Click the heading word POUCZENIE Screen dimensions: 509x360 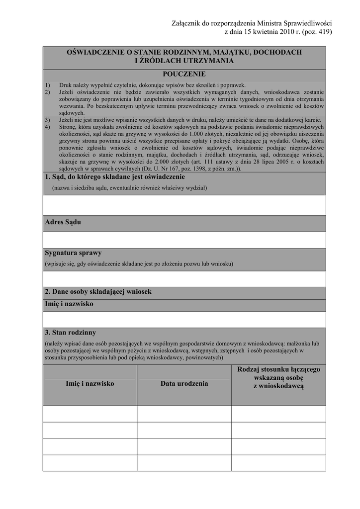pyautogui.click(x=184, y=74)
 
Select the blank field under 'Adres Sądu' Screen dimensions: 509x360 pyautogui.click(x=184, y=240)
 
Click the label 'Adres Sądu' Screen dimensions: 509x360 pyautogui.click(x=63, y=222)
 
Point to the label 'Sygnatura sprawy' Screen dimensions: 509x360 pyautogui.click(x=73, y=253)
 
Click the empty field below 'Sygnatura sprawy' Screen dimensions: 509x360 pyautogui.click(x=184, y=279)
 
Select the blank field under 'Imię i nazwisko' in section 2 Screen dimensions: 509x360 pyautogui.click(x=184, y=320)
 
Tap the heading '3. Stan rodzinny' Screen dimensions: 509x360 pyautogui.click(x=70, y=333)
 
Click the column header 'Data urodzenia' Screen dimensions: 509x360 pyautogui.click(x=184, y=384)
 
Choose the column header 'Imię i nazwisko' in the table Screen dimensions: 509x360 pyautogui.click(x=90, y=384)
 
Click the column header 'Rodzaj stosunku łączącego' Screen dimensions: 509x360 pyautogui.click(x=278, y=370)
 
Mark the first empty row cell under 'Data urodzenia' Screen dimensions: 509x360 pyautogui.click(x=184, y=414)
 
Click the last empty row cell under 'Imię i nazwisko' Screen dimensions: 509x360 pyautogui.click(x=90, y=463)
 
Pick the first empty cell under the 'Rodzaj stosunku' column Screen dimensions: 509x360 pyautogui.click(x=278, y=414)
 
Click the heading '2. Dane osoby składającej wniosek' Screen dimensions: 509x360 pyautogui.click(x=98, y=292)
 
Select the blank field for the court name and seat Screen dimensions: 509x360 pyautogui.click(x=184, y=205)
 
